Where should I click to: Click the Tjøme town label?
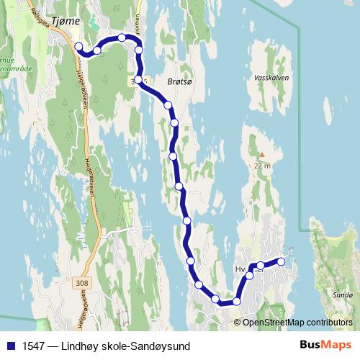point(65,22)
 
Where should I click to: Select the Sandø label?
point(343,295)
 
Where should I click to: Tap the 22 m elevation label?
point(262,166)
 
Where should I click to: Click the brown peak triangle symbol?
point(262,153)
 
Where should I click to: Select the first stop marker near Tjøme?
point(78,47)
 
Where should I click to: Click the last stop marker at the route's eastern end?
point(281,261)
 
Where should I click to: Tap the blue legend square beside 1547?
point(10,346)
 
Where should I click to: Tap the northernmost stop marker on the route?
point(122,37)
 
